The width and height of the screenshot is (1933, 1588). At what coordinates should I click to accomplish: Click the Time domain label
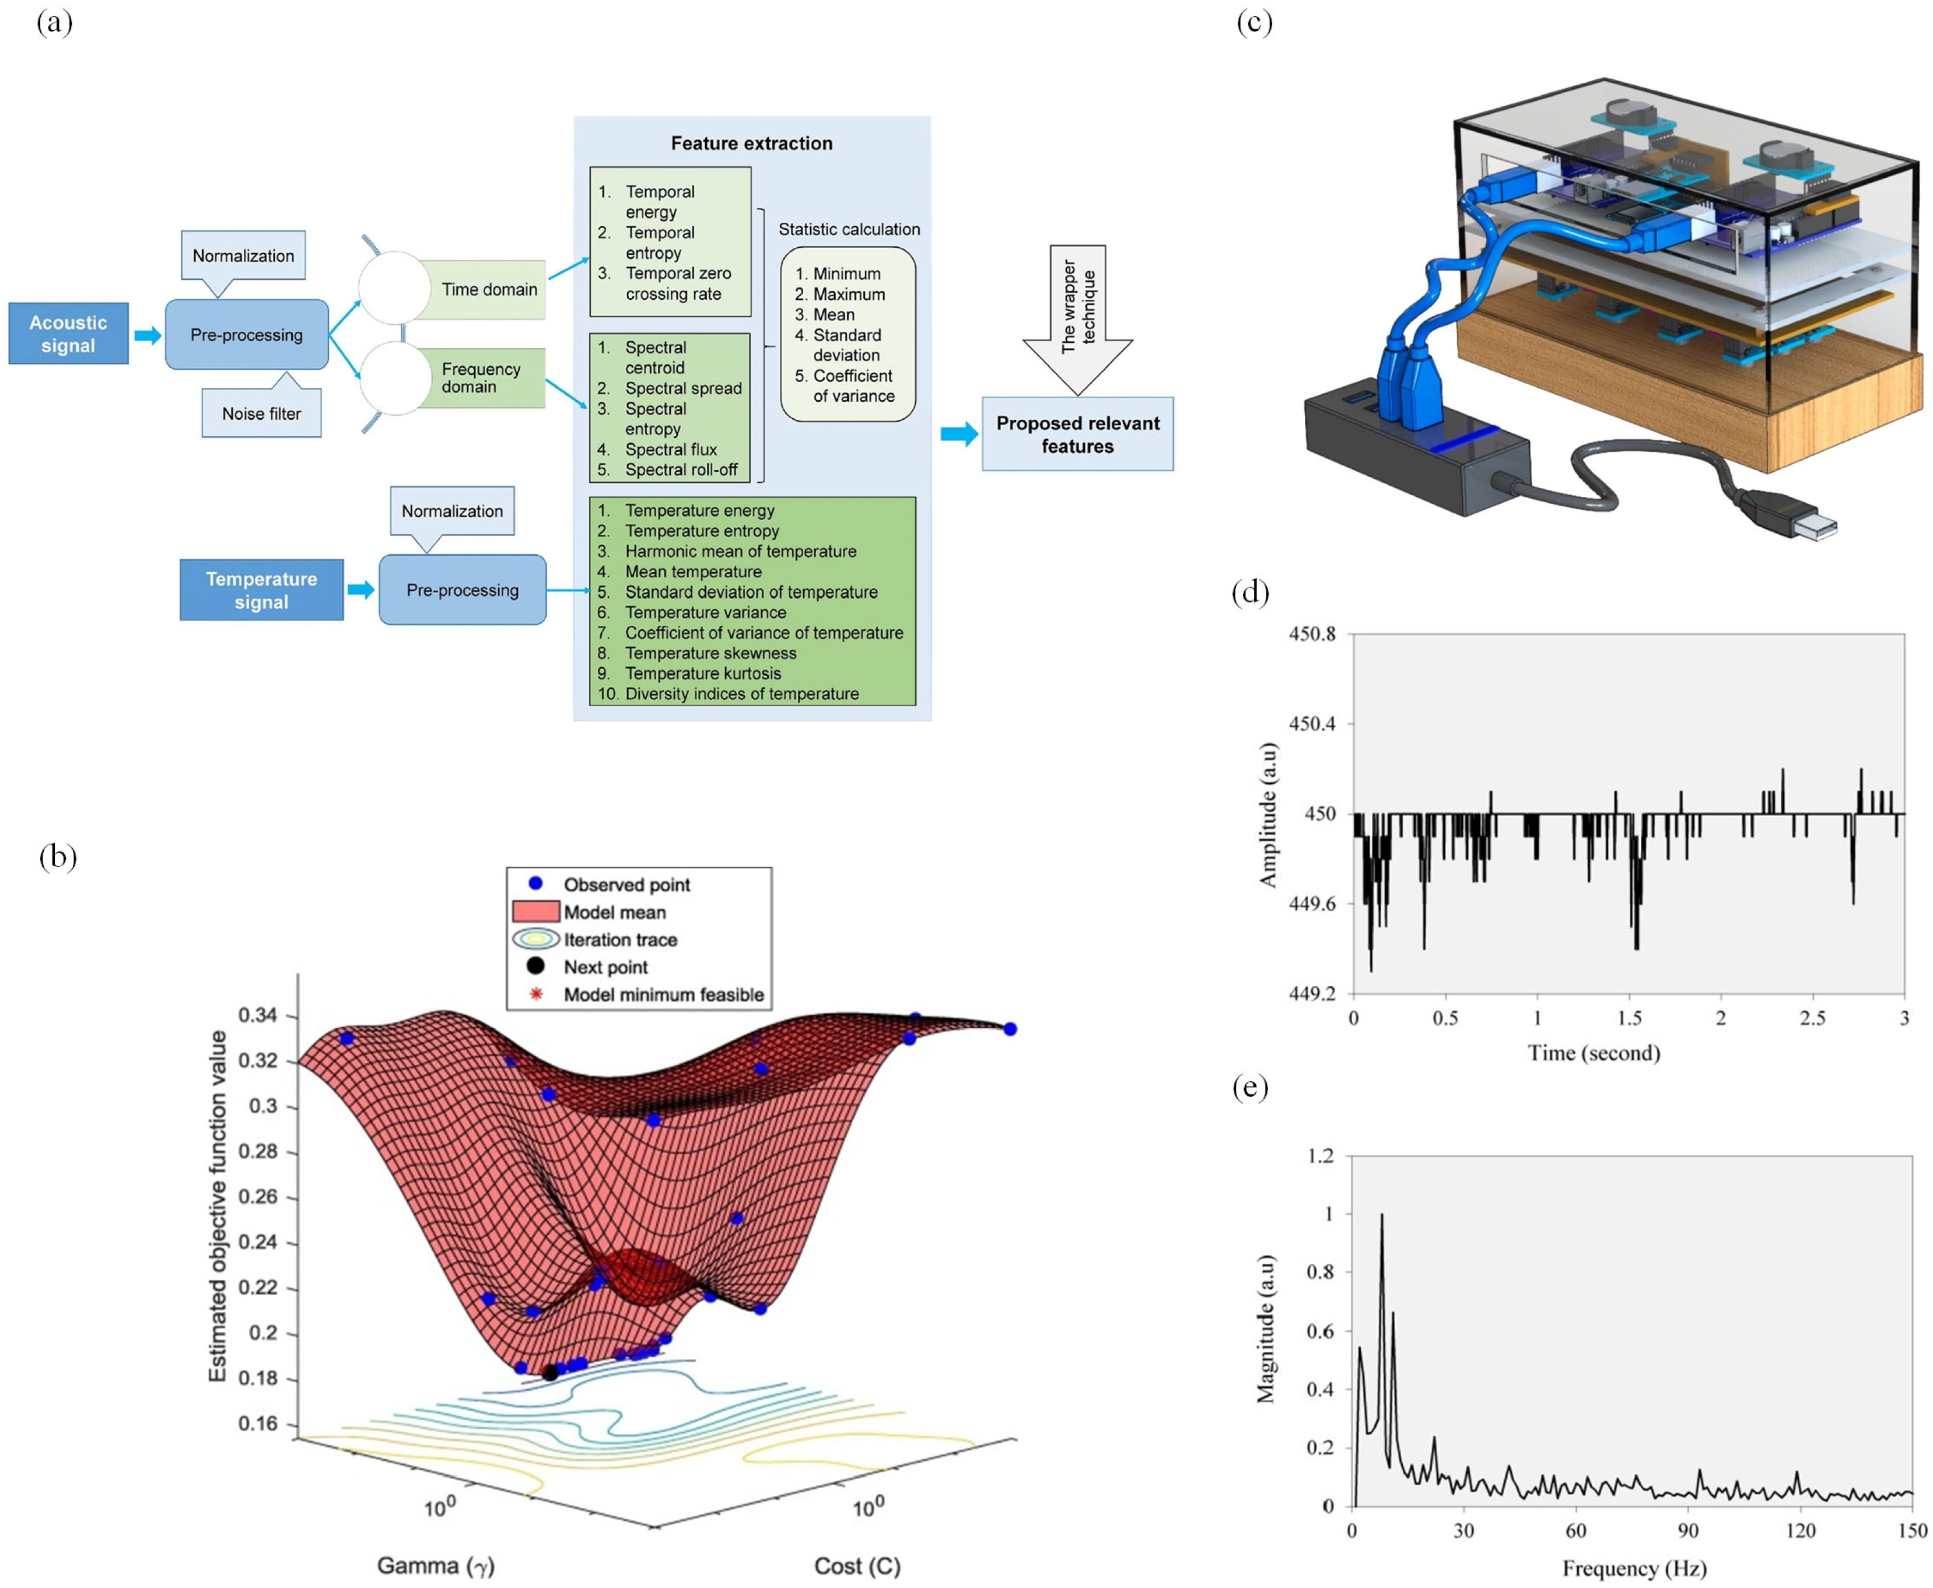coord(489,289)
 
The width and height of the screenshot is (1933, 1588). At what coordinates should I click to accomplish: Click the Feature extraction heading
coord(751,143)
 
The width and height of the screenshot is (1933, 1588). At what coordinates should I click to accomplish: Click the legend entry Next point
coord(605,967)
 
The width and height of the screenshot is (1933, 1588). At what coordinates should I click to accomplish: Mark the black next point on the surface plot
coord(550,1372)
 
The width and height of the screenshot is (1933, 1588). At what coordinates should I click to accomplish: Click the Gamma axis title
coord(436,1566)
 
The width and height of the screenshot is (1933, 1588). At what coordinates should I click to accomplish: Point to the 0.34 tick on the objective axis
coord(257,1015)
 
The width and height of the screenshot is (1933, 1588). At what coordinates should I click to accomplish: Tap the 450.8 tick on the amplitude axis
coord(1311,634)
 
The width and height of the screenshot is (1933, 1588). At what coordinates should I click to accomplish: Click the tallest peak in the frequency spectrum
coord(1381,1216)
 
